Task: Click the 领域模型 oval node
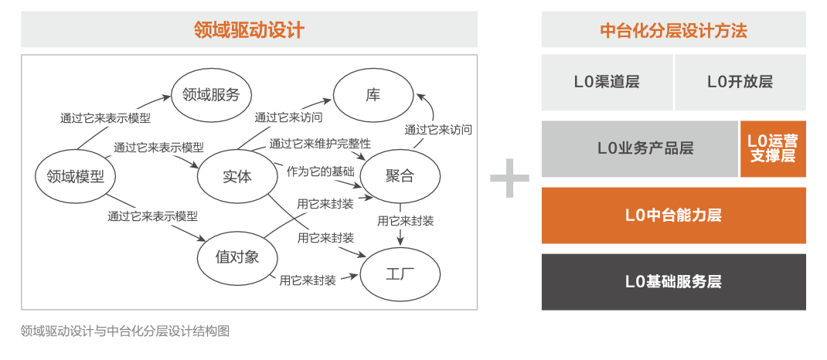pos(76,177)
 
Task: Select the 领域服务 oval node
pos(211,95)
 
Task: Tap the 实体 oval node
pos(237,177)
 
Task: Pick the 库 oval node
pos(373,95)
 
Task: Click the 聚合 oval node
pos(400,177)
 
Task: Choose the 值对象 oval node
pos(237,257)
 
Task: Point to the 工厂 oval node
pos(400,274)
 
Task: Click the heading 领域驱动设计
pos(249,30)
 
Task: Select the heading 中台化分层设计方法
pos(673,30)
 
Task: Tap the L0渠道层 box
pos(607,82)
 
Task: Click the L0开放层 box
pos(740,82)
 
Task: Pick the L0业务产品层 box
pos(640,148)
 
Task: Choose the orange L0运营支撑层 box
pos(773,148)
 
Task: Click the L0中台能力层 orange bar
pos(673,215)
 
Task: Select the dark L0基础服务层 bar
pos(673,281)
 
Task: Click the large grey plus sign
pos(509,178)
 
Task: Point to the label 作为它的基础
pos(320,172)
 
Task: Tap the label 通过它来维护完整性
pos(320,143)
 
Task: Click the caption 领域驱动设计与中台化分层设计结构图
pos(125,331)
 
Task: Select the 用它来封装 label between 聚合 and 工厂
pos(406,221)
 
